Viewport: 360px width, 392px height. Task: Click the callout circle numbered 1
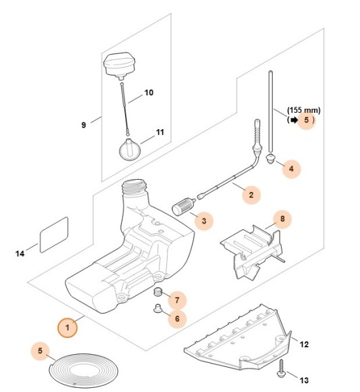[68, 328]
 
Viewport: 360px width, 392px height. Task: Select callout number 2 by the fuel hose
[251, 195]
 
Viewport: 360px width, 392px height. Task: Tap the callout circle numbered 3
[203, 220]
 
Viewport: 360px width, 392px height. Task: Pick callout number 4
[291, 169]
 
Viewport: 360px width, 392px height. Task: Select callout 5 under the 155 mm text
[307, 120]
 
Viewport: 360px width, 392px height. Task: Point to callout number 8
[283, 219]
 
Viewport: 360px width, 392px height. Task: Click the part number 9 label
[84, 125]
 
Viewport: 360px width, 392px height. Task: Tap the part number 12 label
[304, 344]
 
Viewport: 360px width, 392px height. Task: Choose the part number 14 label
[21, 253]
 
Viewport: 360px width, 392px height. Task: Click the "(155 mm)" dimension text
[304, 109]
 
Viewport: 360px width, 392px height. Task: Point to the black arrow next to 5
[293, 120]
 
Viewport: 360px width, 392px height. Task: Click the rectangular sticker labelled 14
[55, 234]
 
